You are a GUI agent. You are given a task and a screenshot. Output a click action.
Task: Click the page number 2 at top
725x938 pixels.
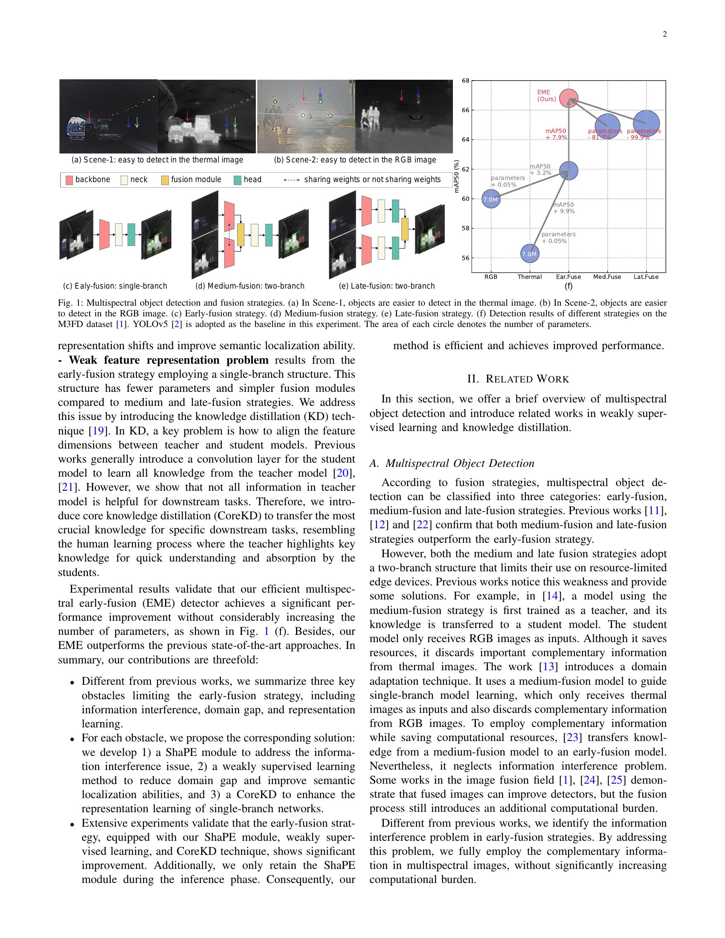[664, 35]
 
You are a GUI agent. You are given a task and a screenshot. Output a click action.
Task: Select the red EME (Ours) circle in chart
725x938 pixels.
[568, 99]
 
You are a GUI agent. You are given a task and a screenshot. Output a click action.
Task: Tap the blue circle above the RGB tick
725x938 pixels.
[491, 199]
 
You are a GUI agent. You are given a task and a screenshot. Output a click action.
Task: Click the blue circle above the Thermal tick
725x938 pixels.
[529, 254]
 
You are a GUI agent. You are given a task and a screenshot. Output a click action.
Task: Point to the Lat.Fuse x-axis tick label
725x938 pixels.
[646, 277]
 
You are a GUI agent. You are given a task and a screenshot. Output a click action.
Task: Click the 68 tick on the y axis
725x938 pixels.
[466, 80]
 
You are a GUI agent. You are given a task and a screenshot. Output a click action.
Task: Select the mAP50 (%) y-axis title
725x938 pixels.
[457, 176]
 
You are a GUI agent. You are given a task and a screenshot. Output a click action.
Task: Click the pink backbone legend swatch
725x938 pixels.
[69, 180]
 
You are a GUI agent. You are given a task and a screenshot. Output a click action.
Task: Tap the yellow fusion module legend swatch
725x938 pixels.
[165, 180]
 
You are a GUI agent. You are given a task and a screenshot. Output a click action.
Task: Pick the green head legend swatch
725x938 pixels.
[237, 180]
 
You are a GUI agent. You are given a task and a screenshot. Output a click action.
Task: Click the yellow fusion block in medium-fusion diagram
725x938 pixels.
[241, 234]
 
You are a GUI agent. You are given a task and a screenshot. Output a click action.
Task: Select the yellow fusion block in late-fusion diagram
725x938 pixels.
[405, 229]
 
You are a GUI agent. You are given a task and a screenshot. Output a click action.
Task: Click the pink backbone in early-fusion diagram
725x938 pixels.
[104, 234]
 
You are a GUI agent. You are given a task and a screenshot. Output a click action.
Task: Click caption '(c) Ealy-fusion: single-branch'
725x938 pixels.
[115, 286]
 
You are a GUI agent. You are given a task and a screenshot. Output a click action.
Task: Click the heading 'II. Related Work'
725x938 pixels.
[518, 379]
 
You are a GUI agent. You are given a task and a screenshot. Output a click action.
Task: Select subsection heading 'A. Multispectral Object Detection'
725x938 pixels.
[452, 463]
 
